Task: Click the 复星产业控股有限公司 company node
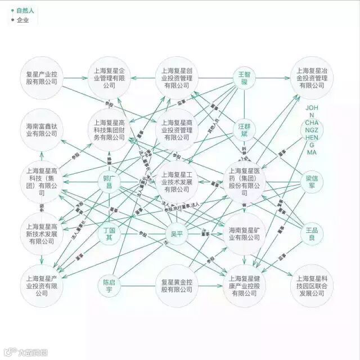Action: [42, 78]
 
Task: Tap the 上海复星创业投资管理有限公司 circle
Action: [177, 78]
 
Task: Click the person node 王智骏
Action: [244, 78]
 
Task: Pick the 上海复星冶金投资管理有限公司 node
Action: [312, 78]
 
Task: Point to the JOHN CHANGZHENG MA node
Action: [312, 130]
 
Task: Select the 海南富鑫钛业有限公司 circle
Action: [42, 129]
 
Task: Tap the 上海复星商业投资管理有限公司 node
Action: [177, 129]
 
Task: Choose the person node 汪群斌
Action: [244, 130]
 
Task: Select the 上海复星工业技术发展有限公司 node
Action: [177, 182]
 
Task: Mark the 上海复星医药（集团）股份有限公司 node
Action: [244, 182]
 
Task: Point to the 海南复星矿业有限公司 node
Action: [244, 234]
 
